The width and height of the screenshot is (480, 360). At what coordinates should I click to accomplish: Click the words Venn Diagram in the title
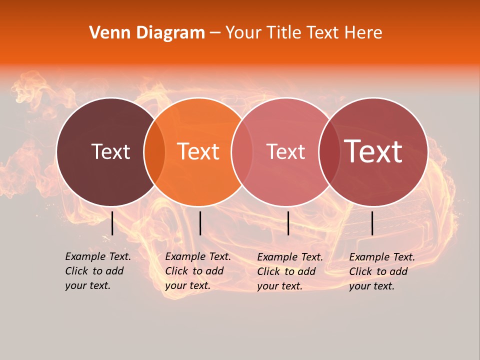[147, 33]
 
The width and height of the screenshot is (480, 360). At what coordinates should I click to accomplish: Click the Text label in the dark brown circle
[110, 151]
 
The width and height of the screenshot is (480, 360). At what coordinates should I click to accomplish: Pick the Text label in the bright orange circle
[198, 151]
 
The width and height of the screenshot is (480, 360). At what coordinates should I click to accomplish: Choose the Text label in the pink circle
[286, 151]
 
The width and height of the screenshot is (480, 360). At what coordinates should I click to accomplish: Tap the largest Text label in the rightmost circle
[373, 151]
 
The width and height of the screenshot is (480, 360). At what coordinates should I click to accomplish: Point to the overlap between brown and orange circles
[154, 151]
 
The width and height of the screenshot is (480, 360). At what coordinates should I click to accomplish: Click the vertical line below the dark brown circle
[112, 223]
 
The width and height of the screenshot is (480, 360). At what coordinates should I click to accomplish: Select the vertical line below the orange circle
[200, 223]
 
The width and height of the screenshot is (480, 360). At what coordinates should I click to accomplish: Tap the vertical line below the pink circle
[288, 223]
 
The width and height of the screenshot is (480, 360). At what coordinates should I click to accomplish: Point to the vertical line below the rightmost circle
[372, 223]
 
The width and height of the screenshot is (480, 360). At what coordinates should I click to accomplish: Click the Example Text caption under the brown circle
[98, 271]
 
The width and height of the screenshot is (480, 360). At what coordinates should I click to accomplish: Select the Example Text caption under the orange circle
[198, 271]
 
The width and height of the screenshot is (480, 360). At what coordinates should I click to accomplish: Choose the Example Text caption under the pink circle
[290, 271]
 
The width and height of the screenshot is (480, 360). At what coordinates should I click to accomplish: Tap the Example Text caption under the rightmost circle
[382, 271]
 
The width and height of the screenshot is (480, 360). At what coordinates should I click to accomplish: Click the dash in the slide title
[215, 33]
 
